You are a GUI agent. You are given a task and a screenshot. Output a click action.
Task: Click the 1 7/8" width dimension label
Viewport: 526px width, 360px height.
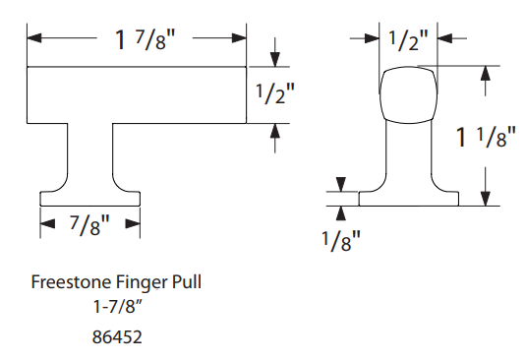click(x=145, y=40)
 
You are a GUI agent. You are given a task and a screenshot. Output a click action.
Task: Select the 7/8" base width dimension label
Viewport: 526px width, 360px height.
click(x=89, y=225)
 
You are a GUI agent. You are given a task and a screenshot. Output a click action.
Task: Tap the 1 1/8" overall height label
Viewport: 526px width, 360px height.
click(x=486, y=136)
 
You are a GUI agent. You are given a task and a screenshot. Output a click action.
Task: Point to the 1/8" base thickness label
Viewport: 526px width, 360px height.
click(x=341, y=241)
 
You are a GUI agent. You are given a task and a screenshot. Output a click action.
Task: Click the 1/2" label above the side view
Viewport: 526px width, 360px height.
click(x=408, y=40)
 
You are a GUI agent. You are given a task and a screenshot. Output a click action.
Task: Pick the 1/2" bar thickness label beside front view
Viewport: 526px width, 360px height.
click(x=274, y=93)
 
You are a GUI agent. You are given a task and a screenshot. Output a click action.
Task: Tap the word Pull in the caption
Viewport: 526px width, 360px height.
click(x=187, y=281)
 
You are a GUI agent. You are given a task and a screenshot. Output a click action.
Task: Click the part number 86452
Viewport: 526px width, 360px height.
click(x=117, y=336)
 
